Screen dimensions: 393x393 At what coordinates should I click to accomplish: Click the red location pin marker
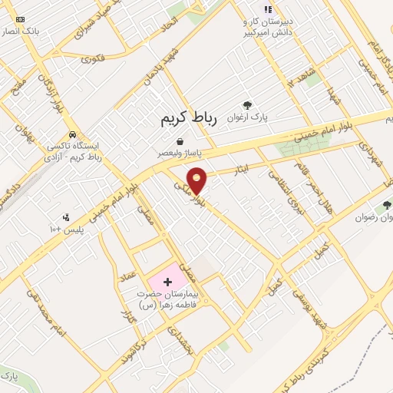click(x=197, y=180)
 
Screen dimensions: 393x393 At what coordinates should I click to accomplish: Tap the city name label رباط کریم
click(x=190, y=119)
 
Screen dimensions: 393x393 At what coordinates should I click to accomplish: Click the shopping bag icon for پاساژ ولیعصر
click(x=180, y=141)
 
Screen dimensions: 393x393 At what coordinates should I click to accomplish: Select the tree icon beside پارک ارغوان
click(x=246, y=105)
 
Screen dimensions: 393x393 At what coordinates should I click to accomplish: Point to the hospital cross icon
click(x=167, y=282)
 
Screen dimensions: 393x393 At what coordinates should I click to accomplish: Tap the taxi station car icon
click(x=71, y=133)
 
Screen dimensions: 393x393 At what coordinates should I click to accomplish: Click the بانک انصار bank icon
click(x=19, y=18)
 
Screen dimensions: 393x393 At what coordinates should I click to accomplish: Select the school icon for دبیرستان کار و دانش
click(x=267, y=9)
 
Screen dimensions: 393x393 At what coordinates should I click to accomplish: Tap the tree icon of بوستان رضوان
click(x=386, y=205)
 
